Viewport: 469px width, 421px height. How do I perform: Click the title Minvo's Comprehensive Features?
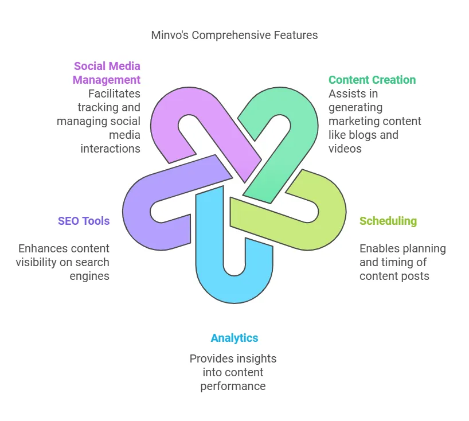[x=234, y=35]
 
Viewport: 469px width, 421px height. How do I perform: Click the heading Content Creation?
[x=372, y=80]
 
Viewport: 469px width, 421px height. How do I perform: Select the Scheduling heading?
[x=388, y=221]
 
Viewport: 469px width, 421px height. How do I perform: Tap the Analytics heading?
[x=234, y=338]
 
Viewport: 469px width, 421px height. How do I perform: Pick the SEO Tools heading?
[x=83, y=221]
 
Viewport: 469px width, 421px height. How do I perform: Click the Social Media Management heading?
[x=107, y=73]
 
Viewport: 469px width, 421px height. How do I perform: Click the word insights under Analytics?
[x=256, y=358]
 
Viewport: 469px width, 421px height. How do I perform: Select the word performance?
[x=233, y=386]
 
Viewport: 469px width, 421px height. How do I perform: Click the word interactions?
[x=110, y=149]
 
